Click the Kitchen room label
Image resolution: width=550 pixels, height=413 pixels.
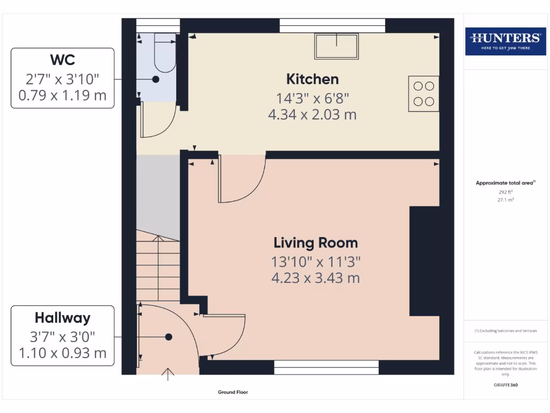(312, 79)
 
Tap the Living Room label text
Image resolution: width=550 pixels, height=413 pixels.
(315, 243)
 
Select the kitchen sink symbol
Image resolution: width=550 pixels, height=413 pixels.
(336, 47)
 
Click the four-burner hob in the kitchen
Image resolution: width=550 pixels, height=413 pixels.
(423, 93)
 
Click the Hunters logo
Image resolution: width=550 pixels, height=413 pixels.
(505, 40)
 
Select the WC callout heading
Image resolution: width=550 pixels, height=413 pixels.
(62, 59)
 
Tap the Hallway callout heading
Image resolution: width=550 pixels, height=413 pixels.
(62, 317)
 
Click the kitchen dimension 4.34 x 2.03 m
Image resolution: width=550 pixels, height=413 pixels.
(312, 115)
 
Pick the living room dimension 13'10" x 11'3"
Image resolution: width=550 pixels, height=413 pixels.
(315, 262)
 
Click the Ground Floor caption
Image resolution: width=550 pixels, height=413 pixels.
(233, 393)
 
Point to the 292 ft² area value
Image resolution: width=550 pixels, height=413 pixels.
(505, 191)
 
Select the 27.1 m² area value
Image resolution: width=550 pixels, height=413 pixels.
(505, 200)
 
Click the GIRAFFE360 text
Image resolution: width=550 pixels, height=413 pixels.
(505, 385)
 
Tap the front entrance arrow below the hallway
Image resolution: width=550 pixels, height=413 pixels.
(168, 374)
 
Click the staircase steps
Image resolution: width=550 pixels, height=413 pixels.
(157, 269)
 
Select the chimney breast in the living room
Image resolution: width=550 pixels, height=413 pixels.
(424, 261)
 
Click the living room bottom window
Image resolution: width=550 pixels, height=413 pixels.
(326, 368)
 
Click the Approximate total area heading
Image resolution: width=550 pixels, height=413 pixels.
(505, 183)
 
